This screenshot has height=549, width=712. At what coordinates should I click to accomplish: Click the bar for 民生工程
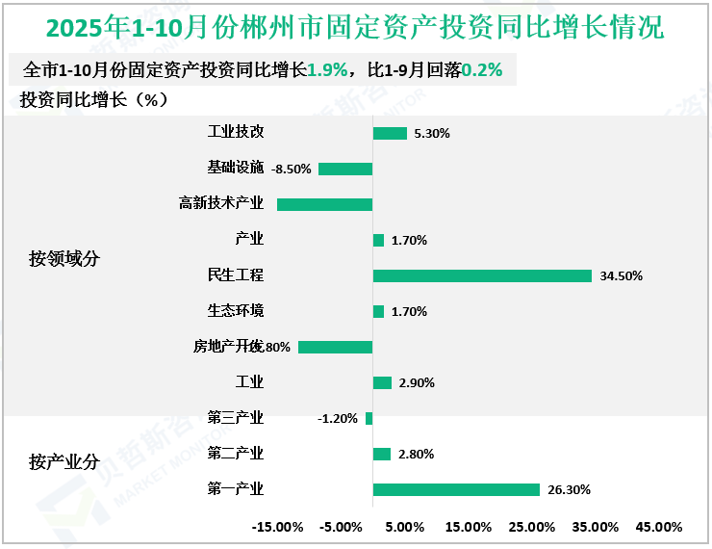pos(481,275)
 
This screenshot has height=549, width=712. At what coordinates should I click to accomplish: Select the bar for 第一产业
pos(455,489)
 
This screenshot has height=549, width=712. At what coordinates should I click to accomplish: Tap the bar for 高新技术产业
pos(324,204)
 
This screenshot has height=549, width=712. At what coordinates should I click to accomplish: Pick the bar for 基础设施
pos(344,169)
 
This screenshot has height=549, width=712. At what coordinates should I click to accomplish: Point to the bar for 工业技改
pos(390,133)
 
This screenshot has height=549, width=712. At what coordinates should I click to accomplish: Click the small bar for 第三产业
pos(369,418)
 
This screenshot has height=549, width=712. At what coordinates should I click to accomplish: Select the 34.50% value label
pos(621,275)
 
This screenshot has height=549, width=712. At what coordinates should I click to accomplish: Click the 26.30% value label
pos(569,489)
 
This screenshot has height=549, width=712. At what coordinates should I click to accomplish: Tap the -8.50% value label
pos(292,169)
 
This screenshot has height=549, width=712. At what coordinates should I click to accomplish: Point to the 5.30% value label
pos(432,134)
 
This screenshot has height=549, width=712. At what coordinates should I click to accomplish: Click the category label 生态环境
pos(236,311)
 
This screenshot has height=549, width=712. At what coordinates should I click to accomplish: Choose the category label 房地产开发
pos(227,347)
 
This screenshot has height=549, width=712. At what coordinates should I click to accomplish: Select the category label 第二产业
pos(236,454)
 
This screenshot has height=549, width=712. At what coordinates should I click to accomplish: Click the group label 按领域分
pos(64,258)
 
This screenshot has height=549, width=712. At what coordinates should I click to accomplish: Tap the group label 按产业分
pos(64,461)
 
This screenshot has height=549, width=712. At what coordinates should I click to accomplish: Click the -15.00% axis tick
pos(277,527)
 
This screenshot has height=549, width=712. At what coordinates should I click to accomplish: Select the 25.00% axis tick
pos(531,527)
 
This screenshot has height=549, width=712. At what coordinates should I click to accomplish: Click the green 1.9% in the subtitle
pos(327,70)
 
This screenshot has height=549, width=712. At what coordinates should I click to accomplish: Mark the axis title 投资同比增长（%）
pos(94,100)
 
